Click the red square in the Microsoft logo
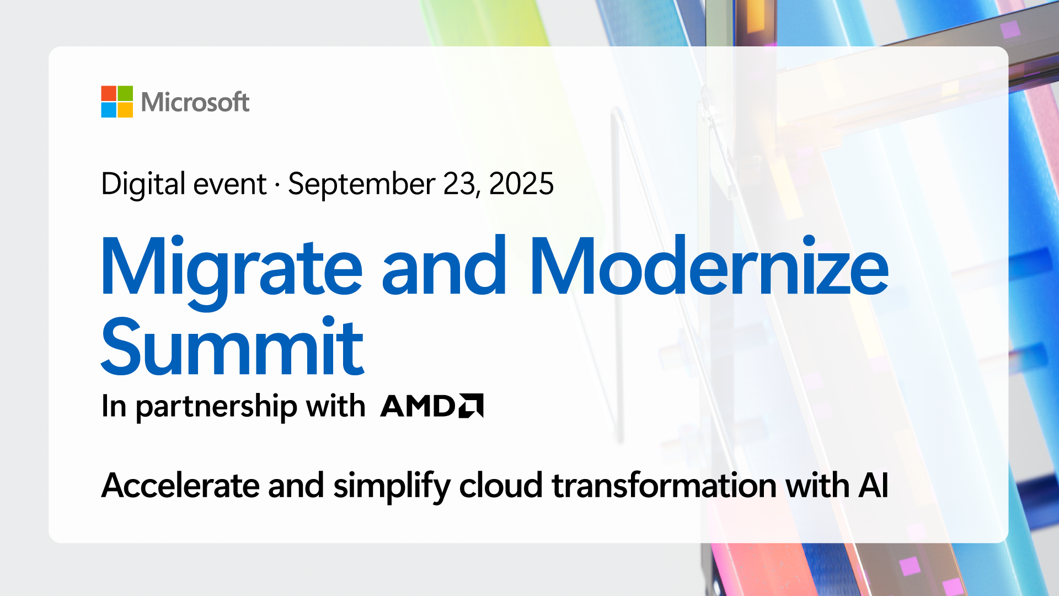point(109,93)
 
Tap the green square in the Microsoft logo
point(125,93)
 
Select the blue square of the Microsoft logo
point(109,110)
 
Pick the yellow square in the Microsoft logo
point(125,110)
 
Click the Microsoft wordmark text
point(195,102)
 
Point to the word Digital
point(143,184)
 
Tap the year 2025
point(521,184)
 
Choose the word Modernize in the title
point(709,266)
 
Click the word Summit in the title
point(232,346)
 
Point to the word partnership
point(216,407)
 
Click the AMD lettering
point(418,406)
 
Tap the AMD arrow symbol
point(471,406)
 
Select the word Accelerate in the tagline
point(180,486)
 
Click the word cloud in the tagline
point(501,485)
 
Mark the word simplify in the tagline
point(392,487)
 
